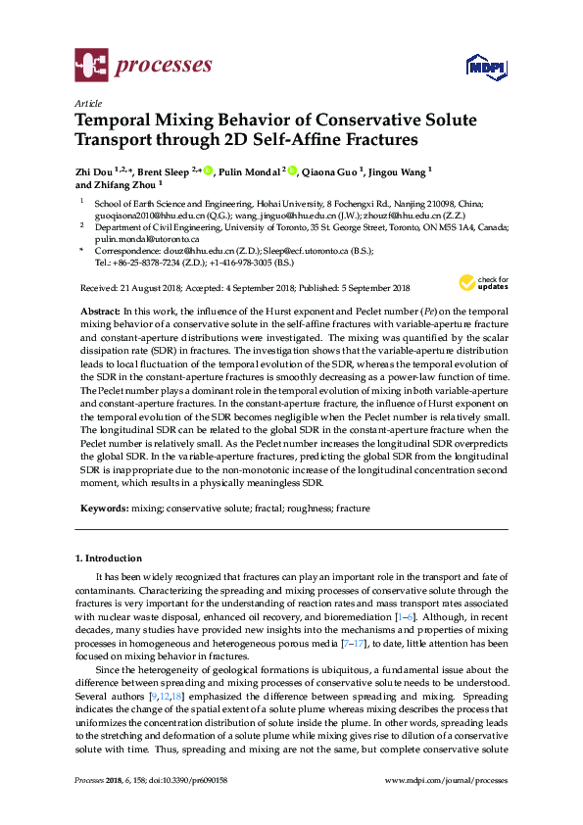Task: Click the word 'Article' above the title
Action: [88, 102]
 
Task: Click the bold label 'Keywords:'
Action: [102, 509]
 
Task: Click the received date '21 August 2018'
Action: [151, 287]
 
